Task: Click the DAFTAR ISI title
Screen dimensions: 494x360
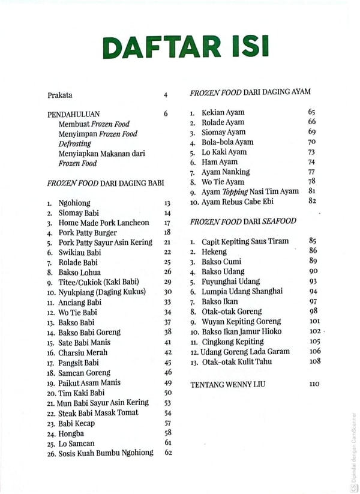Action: [x=185, y=47]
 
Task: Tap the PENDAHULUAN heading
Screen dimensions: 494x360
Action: [x=74, y=113]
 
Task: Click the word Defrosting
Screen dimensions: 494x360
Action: [x=75, y=143]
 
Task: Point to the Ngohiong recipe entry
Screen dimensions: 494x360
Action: [x=76, y=203]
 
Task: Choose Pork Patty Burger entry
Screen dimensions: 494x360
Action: [x=88, y=232]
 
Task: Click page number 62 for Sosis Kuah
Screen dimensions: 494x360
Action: [x=168, y=453]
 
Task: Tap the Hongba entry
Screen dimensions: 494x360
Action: [x=71, y=433]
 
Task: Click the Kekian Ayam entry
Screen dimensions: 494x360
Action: [x=223, y=112]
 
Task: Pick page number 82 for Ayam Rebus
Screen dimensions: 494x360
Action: [x=312, y=200]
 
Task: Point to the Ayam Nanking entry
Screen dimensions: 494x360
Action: [x=226, y=172]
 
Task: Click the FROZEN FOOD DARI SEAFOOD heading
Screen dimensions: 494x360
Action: [x=243, y=221]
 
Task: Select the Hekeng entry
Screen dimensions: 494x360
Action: [x=214, y=251]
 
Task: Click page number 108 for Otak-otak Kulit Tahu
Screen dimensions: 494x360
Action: [x=314, y=361]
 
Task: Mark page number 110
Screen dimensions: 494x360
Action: [x=314, y=384]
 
